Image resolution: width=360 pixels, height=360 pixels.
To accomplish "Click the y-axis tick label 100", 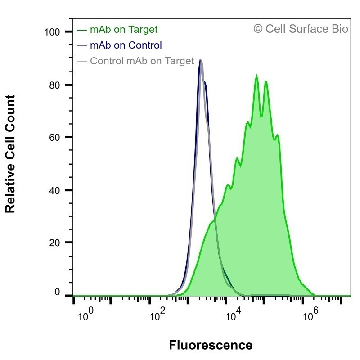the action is point(52,32).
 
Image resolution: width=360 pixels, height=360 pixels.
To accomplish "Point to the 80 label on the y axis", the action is point(54,85).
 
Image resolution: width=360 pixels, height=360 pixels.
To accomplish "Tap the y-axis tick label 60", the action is point(54,138).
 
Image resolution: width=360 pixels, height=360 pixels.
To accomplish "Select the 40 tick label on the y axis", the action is point(54,190).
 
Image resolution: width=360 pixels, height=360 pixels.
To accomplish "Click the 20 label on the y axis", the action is point(54,243).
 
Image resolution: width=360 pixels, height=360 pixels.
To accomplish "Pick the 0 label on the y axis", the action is point(57,292).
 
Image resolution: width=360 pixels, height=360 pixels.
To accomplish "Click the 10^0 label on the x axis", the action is point(85,314).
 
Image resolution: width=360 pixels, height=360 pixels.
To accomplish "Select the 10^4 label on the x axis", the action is point(234,314).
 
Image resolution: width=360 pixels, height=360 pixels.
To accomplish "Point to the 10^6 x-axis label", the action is point(310,314).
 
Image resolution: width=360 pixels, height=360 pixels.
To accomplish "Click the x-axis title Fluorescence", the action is point(211,345).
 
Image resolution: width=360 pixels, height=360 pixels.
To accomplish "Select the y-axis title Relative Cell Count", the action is point(10,154).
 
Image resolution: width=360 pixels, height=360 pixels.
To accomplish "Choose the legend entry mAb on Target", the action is point(124,30).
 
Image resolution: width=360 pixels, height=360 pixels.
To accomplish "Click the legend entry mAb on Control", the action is point(126,45).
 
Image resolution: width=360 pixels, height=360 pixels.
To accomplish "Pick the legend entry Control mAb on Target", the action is point(142,61).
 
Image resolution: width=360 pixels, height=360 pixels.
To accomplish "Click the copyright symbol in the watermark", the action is point(258,29).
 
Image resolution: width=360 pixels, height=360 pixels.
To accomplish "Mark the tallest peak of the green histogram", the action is point(256,75).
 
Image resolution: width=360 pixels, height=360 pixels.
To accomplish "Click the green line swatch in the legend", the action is point(82,30).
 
